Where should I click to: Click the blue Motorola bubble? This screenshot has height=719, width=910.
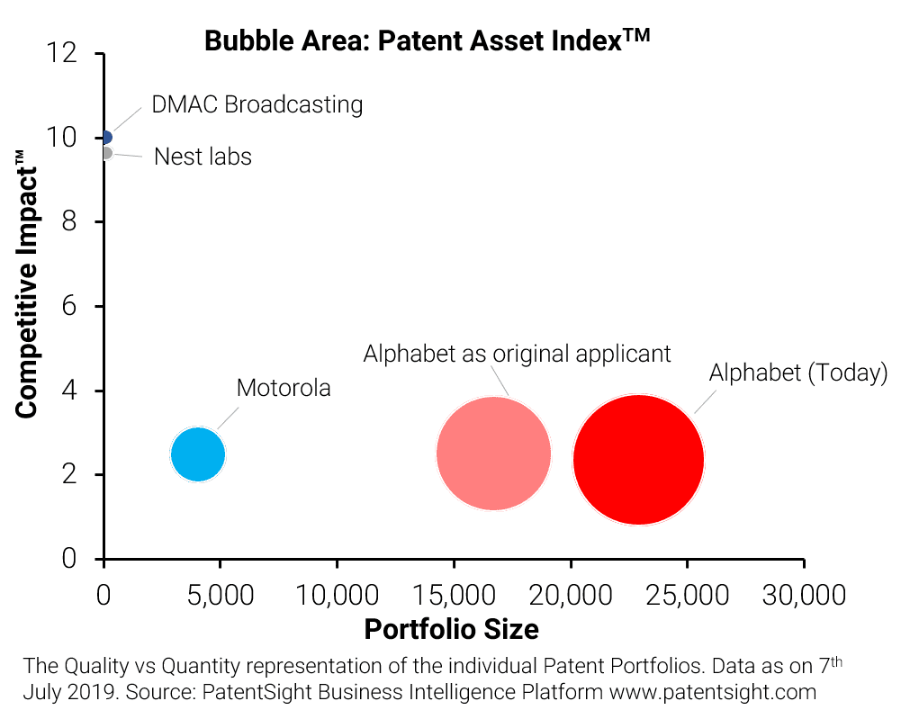pyautogui.click(x=197, y=454)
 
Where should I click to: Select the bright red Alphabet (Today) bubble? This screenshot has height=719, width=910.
pyautogui.click(x=638, y=459)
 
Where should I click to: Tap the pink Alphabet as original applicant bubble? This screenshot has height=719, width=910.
pyautogui.click(x=493, y=454)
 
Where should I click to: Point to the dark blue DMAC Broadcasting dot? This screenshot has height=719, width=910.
pyautogui.click(x=105, y=138)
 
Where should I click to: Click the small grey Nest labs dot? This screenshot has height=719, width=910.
pyautogui.click(x=105, y=153)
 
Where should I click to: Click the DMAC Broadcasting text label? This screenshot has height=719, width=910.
pyautogui.click(x=257, y=104)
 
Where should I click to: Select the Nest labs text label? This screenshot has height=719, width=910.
pyautogui.click(x=203, y=157)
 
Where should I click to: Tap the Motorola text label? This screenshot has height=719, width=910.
pyautogui.click(x=284, y=389)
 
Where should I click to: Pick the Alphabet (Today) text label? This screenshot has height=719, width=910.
pyautogui.click(x=798, y=373)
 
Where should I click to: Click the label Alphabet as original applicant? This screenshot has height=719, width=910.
pyautogui.click(x=517, y=354)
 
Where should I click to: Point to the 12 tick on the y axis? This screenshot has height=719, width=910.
pyautogui.click(x=70, y=54)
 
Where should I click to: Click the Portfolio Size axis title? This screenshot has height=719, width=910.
pyautogui.click(x=451, y=629)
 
